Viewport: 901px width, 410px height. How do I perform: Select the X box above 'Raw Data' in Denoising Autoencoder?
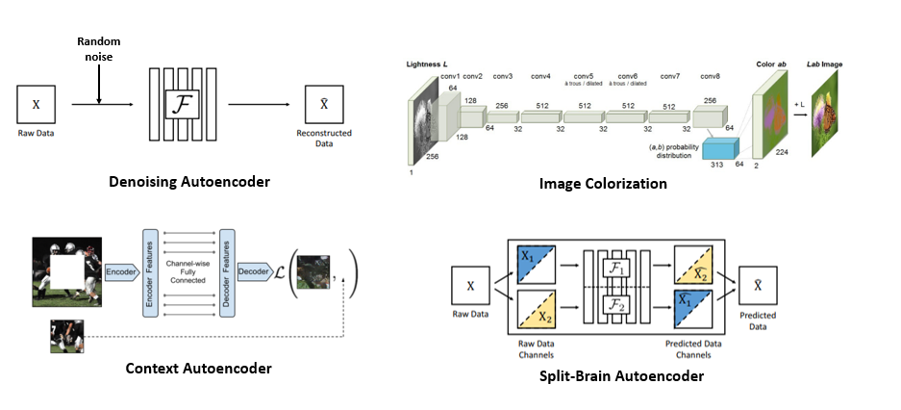(36, 102)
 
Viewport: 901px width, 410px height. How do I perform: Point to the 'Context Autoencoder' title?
(198, 368)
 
